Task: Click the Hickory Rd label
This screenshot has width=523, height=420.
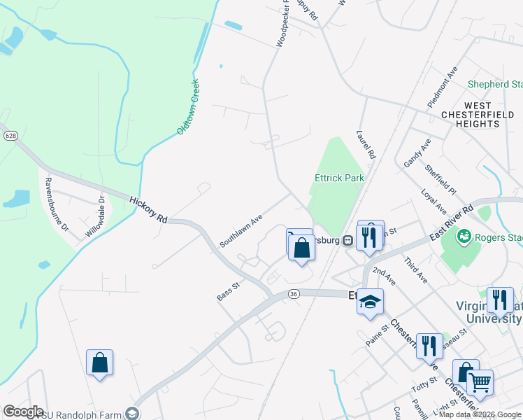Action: [148, 210]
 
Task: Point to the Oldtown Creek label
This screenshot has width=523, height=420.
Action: [188, 106]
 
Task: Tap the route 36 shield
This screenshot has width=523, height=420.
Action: [293, 294]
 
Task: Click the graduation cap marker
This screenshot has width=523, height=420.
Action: [371, 302]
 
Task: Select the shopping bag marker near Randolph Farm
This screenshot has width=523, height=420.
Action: [100, 363]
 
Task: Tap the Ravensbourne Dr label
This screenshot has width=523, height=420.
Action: [56, 204]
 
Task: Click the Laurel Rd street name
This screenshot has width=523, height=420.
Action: [366, 143]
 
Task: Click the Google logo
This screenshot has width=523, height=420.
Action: [23, 411]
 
